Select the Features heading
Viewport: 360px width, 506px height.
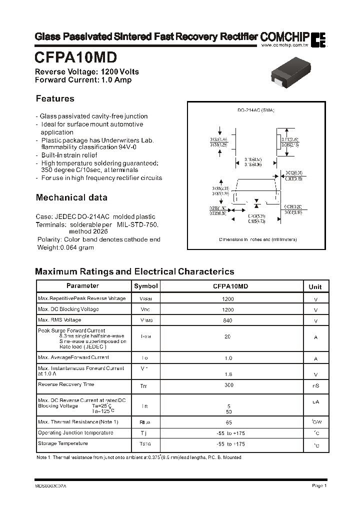pos(55,99)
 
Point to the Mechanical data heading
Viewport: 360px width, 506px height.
pos(71,197)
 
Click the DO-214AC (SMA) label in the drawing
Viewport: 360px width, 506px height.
pos(255,110)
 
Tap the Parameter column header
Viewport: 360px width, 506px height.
pos(83,286)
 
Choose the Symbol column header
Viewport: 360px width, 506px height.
pos(146,286)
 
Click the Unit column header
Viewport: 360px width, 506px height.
pos(315,286)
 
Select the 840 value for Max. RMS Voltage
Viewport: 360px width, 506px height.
pos(227,320)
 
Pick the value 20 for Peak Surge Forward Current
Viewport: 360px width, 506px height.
pos(227,337)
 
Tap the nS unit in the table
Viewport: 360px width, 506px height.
pos(316,386)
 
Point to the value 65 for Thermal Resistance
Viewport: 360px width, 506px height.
pos(228,422)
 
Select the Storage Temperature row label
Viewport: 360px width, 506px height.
pos(63,443)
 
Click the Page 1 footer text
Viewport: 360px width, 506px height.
pos(319,485)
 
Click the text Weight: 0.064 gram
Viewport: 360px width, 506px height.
pos(65,247)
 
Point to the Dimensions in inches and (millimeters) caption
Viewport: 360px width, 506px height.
pos(258,240)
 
